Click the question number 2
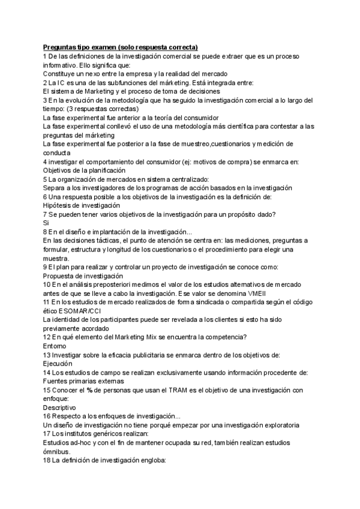point(45,82)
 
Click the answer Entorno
point(55,346)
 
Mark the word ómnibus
point(57,451)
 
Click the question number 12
point(47,337)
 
